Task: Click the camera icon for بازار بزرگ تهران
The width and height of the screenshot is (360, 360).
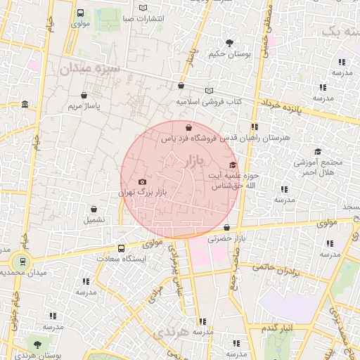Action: tap(143, 181)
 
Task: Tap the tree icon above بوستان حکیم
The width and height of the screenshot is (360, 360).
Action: tap(229, 43)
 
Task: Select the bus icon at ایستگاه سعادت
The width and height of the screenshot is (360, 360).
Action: tap(122, 248)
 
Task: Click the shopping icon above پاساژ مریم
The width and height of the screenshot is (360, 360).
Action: tap(84, 96)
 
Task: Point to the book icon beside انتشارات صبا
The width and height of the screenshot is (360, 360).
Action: tap(143, 8)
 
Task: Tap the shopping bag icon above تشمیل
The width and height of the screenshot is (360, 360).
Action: tap(94, 209)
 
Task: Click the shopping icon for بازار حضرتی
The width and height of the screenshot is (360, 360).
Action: tap(226, 228)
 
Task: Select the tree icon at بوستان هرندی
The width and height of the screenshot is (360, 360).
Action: tap(37, 344)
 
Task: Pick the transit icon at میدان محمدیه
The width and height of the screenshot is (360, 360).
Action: tap(22, 262)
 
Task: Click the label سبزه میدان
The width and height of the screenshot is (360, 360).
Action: tap(91, 70)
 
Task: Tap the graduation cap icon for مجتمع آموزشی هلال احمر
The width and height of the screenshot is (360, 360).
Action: tap(318, 152)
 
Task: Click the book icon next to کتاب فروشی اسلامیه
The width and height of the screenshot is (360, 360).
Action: tap(208, 91)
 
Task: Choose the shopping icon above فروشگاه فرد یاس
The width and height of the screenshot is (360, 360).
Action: tap(188, 128)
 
